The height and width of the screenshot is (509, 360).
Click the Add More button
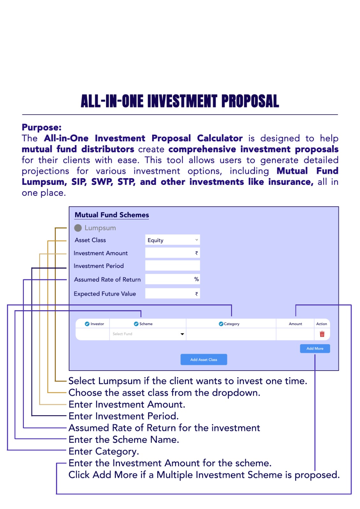[x=315, y=348]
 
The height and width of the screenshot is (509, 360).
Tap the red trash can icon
[x=322, y=334]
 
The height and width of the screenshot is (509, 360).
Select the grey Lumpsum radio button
[x=78, y=228]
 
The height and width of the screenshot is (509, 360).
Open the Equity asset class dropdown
[x=173, y=240]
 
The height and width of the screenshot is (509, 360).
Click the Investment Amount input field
[x=173, y=253]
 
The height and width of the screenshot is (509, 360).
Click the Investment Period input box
[x=173, y=266]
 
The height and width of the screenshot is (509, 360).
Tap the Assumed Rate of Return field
[x=173, y=279]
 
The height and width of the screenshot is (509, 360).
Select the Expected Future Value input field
[x=173, y=294]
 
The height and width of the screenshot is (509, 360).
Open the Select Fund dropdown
[x=148, y=334]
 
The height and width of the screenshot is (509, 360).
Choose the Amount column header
[x=295, y=324]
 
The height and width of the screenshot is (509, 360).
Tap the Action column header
[x=321, y=324]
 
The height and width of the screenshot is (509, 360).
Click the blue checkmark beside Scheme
[x=136, y=324]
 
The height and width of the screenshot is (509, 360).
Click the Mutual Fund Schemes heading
[x=112, y=215]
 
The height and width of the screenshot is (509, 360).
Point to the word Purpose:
[x=42, y=128]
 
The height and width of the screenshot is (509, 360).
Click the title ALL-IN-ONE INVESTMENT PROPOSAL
[x=180, y=101]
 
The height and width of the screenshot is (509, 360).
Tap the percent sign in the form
[x=196, y=279]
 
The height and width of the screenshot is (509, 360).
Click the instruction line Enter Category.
[x=104, y=451]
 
